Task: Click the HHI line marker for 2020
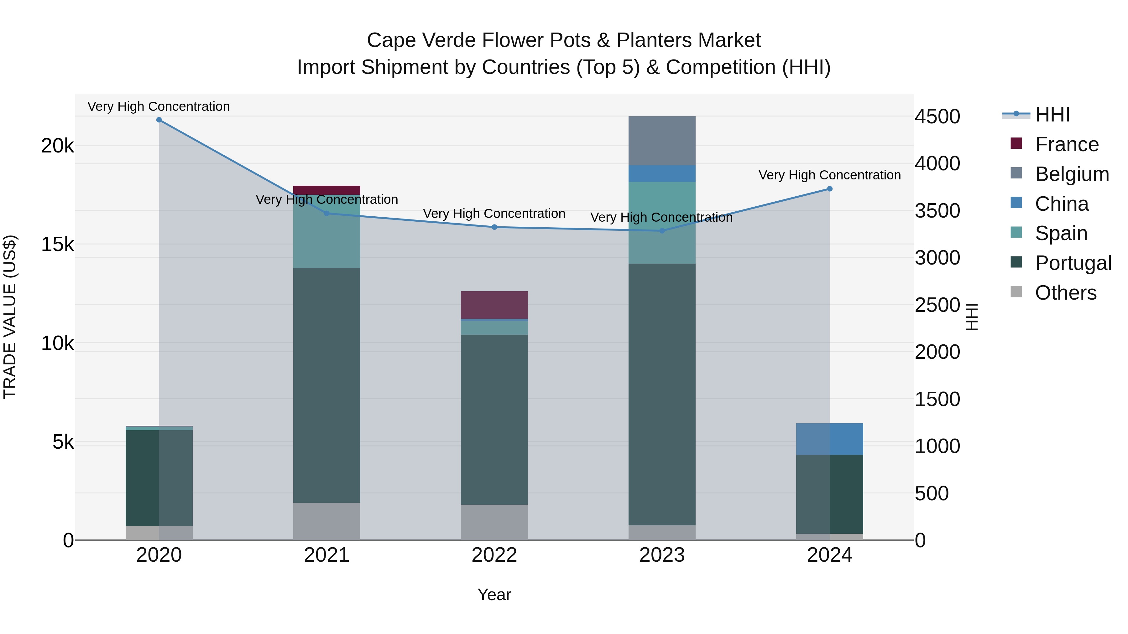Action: (159, 120)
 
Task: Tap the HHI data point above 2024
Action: (829, 189)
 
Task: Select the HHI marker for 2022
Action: (494, 227)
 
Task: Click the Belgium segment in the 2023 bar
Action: (662, 141)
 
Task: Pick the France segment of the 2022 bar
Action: (494, 305)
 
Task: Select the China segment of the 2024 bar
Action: (829, 439)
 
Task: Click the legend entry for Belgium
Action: (1072, 174)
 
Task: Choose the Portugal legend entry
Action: (1073, 263)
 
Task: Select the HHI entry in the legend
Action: (1052, 115)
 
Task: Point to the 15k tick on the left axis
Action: (57, 244)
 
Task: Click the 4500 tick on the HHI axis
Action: (937, 117)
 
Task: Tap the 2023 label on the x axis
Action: (662, 555)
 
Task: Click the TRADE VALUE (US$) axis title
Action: (10, 317)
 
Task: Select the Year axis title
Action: (494, 595)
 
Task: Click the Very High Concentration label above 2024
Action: (829, 175)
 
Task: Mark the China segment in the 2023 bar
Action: (662, 174)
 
